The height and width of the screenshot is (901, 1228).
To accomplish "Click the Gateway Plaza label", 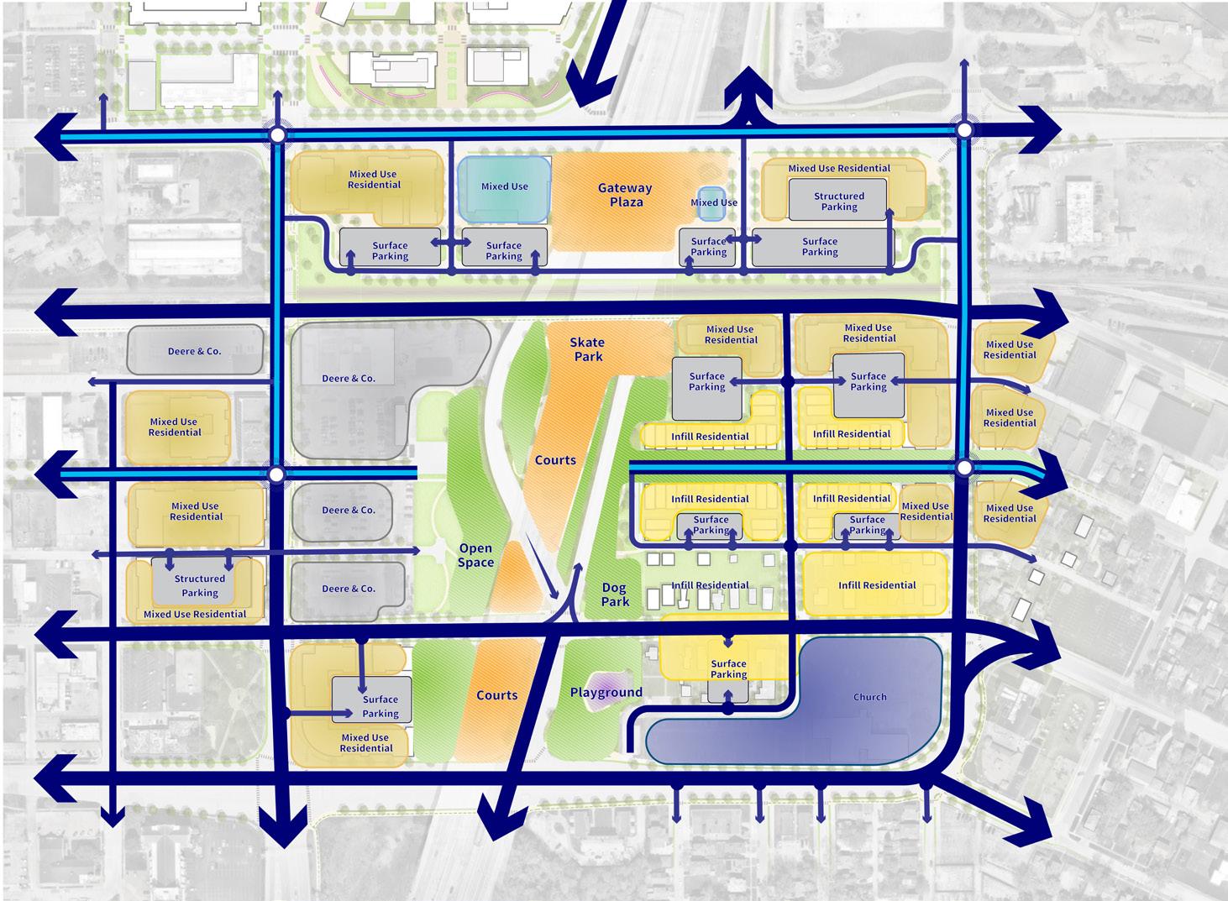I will point(625,195).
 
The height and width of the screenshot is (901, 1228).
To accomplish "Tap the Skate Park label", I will point(587,349).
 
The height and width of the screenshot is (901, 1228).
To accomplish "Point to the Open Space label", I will point(475,555).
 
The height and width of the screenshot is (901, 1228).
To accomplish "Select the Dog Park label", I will point(615,595).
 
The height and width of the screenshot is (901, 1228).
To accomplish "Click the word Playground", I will point(606,693).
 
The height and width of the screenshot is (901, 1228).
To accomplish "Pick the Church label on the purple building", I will point(869,697).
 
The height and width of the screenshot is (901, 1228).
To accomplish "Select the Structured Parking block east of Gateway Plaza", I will point(838,201).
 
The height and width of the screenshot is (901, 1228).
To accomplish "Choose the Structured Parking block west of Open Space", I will point(199,584).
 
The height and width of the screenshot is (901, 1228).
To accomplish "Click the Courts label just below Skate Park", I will point(555,460).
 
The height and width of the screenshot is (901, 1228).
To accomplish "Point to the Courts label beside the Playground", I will point(496,695).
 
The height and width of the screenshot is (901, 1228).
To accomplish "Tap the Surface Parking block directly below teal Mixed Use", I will point(504,249).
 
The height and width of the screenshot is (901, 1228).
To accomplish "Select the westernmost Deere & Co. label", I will point(194,351).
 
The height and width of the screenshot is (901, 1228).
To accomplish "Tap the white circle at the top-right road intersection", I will point(964,130).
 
